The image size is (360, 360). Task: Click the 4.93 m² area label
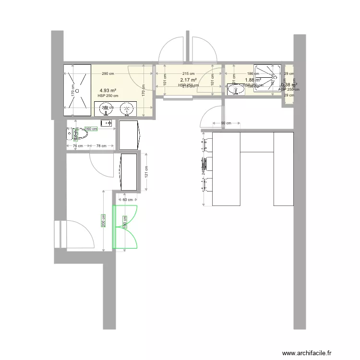(x=108, y=90)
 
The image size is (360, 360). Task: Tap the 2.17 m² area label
(x=188, y=80)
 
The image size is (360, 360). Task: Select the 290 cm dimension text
(x=108, y=74)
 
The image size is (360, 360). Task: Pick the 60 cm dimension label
(x=128, y=200)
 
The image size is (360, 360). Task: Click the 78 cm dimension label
(x=101, y=146)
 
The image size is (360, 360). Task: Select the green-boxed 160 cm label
(x=91, y=129)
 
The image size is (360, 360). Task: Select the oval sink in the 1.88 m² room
(x=235, y=89)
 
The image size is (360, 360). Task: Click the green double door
(x=125, y=227)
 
